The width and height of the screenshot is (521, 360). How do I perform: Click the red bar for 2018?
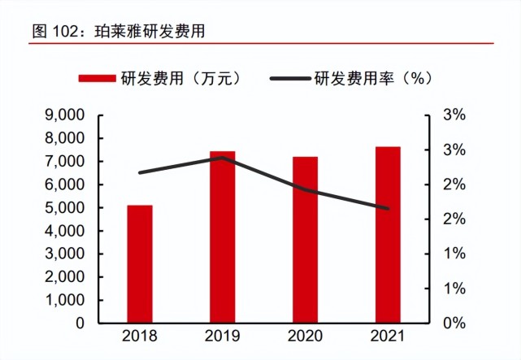click(x=140, y=264)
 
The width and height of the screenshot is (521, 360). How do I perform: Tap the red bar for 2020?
click(x=306, y=240)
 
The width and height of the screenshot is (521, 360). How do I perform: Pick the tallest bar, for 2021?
click(x=388, y=235)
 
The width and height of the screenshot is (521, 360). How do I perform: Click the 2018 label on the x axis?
click(x=140, y=337)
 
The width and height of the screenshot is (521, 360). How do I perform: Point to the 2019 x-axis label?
click(x=223, y=337)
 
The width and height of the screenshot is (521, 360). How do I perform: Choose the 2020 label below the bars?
click(x=306, y=337)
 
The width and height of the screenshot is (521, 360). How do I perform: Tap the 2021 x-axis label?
click(x=388, y=337)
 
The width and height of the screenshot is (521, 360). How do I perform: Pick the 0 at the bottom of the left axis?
click(x=80, y=323)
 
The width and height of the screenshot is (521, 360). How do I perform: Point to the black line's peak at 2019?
click(x=223, y=158)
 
